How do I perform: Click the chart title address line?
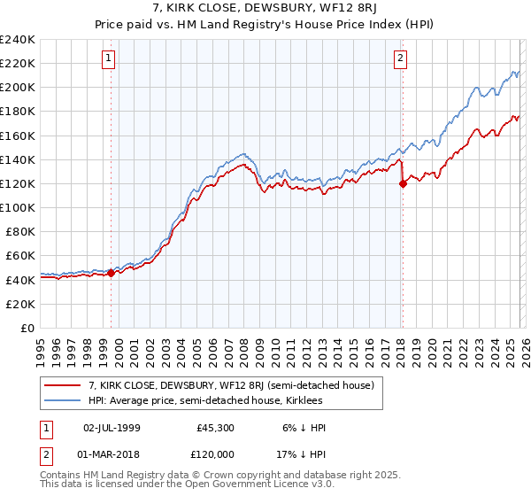265,9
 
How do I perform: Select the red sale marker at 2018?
403,184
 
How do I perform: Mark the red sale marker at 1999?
112,274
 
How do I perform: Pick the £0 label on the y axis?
27,328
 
